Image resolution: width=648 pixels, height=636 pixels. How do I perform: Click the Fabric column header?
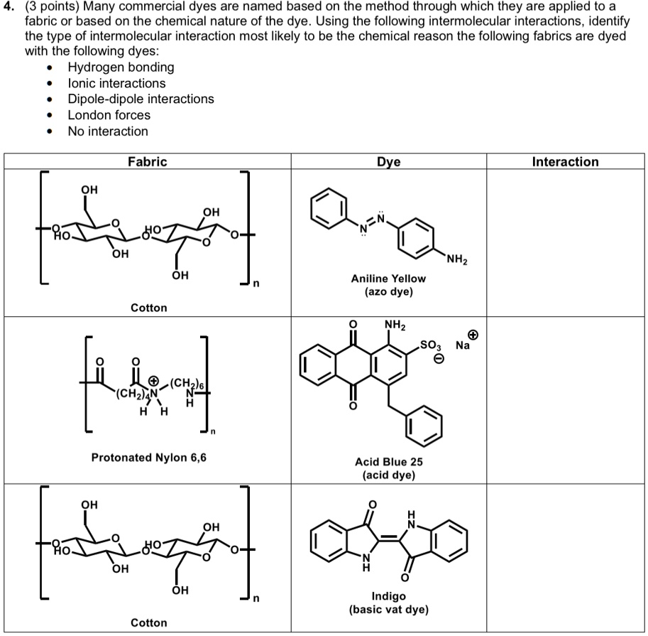pyautogui.click(x=147, y=162)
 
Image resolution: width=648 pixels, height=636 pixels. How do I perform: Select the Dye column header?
pyautogui.click(x=388, y=162)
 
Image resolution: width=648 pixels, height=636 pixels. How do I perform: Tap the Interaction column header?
pyautogui.click(x=565, y=162)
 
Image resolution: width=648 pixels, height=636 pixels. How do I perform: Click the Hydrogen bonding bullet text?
pyautogui.click(x=121, y=68)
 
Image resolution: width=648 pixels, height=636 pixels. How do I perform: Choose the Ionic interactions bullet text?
pyautogui.click(x=116, y=83)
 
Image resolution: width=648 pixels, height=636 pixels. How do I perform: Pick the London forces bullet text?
pyautogui.click(x=109, y=115)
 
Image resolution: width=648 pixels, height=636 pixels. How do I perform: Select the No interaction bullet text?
pyautogui.click(x=108, y=131)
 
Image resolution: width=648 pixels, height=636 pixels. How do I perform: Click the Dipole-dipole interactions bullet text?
pyautogui.click(x=141, y=99)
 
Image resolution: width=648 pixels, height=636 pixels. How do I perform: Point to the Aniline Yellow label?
pyautogui.click(x=388, y=279)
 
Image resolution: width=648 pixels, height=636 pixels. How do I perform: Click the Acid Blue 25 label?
pyautogui.click(x=388, y=462)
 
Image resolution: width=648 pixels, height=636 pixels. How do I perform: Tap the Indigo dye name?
pyautogui.click(x=388, y=596)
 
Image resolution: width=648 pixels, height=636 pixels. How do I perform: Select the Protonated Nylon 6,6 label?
pyautogui.click(x=148, y=458)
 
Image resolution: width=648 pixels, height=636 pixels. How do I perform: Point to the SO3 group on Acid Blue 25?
pyautogui.click(x=431, y=345)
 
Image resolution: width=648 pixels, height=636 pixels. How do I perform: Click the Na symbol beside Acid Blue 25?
pyautogui.click(x=463, y=346)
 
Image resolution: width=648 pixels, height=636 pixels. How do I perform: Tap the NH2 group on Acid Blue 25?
pyautogui.click(x=394, y=327)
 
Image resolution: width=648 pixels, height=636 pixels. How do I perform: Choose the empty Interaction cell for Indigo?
pyautogui.click(x=566, y=558)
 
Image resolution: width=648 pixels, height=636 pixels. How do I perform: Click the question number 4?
pyautogui.click(x=8, y=6)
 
